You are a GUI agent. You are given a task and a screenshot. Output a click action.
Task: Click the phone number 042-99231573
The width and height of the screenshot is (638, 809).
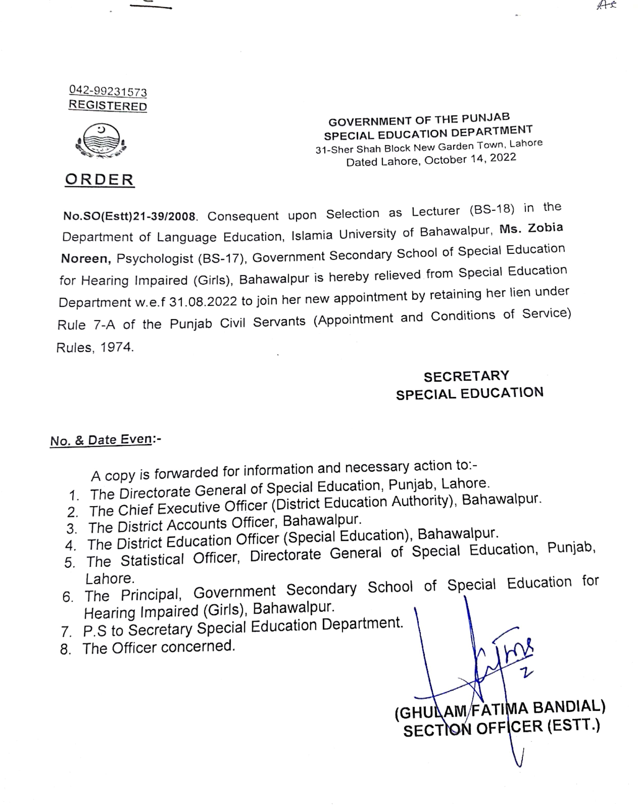tap(108, 91)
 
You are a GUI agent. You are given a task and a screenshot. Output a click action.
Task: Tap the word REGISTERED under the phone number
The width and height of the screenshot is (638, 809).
tap(108, 106)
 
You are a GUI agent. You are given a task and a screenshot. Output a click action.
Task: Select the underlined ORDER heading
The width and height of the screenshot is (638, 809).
tap(99, 180)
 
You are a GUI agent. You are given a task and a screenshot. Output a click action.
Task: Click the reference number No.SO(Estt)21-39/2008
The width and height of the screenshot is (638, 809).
tap(129, 216)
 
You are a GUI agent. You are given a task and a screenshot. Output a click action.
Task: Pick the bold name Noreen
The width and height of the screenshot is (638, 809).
tap(86, 259)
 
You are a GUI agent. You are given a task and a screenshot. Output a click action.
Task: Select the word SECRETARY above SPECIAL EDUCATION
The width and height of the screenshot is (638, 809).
tap(466, 376)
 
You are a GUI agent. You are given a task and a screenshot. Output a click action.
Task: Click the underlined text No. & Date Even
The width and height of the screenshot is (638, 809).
tap(101, 440)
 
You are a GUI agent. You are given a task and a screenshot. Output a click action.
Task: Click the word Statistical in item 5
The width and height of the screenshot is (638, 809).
tap(152, 560)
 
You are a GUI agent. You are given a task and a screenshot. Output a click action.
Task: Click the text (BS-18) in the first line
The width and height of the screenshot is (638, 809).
tap(492, 209)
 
